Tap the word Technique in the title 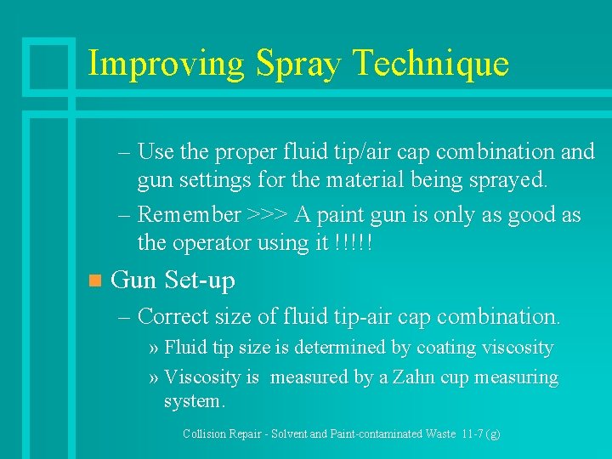pyautogui.click(x=429, y=65)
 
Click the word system pyautogui.click(x=193, y=400)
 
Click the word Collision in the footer pyautogui.click(x=205, y=433)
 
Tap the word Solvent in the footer pyautogui.click(x=287, y=433)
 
